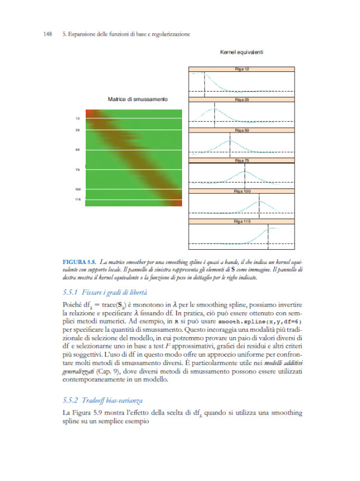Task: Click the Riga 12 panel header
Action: [242, 70]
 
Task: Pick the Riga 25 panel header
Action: [242, 100]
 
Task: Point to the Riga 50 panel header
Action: [242, 130]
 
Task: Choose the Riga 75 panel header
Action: [242, 161]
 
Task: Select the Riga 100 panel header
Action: [242, 191]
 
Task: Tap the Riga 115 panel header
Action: [242, 222]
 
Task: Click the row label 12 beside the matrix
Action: [78, 118]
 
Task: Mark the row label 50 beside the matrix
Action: [78, 150]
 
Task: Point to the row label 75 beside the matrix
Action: [78, 170]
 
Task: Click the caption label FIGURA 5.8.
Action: [79, 261]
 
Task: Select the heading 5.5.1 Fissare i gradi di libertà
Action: [105, 293]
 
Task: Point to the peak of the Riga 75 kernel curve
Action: [244, 171]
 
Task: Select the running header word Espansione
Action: [84, 34]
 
